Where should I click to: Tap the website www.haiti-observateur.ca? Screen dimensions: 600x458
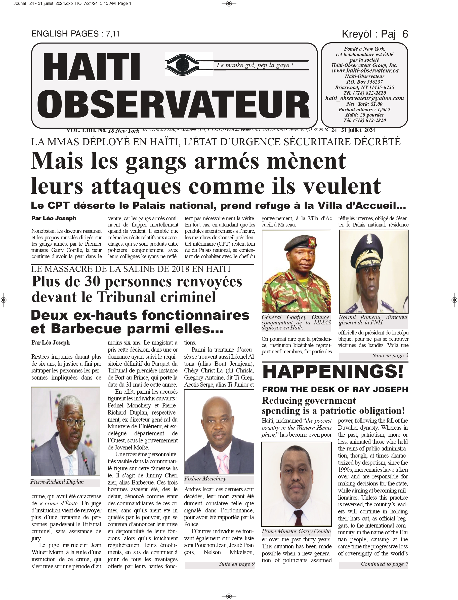[365, 71]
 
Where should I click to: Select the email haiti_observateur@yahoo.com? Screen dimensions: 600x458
[364, 98]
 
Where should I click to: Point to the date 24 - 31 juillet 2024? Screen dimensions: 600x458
[353, 130]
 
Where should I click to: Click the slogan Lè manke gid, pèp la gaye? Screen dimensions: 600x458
[255, 65]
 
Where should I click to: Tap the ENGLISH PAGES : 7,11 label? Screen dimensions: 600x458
[75, 34]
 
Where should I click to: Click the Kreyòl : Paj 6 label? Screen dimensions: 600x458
[375, 34]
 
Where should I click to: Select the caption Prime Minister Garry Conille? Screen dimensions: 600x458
[296, 531]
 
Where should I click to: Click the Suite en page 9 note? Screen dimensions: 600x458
[236, 564]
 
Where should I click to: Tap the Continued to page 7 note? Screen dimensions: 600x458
[384, 564]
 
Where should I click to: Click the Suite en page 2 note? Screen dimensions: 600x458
[390, 355]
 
